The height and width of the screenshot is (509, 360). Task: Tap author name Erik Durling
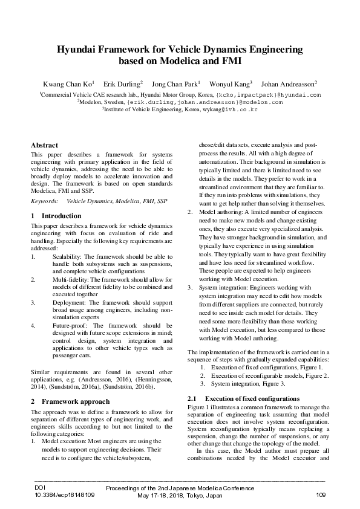(122, 83)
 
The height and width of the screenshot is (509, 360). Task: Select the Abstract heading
(44, 145)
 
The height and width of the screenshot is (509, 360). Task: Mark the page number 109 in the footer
(321, 495)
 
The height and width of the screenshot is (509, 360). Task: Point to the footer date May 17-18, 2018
(160, 495)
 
